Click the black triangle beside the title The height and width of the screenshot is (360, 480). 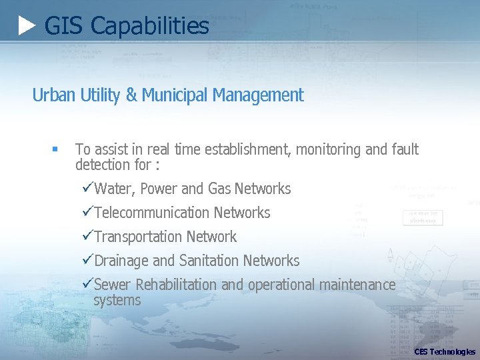point(27,26)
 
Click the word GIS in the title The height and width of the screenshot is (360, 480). point(63,26)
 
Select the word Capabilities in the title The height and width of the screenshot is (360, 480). point(149,26)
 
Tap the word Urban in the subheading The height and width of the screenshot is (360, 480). point(54,95)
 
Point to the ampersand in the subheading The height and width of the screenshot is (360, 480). point(131,95)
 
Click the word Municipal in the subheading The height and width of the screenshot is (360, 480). point(173,95)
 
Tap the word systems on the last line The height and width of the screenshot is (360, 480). point(117,300)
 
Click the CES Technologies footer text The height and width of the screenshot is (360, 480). point(445,351)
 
